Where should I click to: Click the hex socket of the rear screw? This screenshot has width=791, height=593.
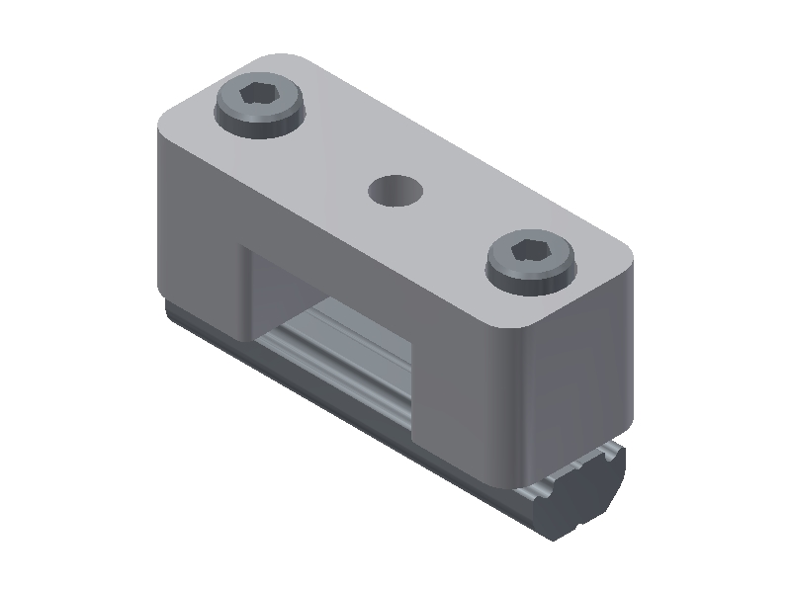click(260, 97)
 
